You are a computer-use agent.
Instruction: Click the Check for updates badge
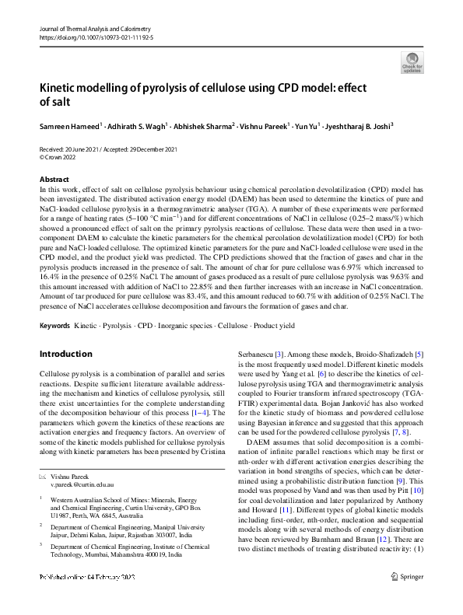coord(411,61)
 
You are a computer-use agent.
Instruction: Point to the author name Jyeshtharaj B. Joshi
coord(357,125)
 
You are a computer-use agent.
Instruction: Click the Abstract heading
coord(54,179)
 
